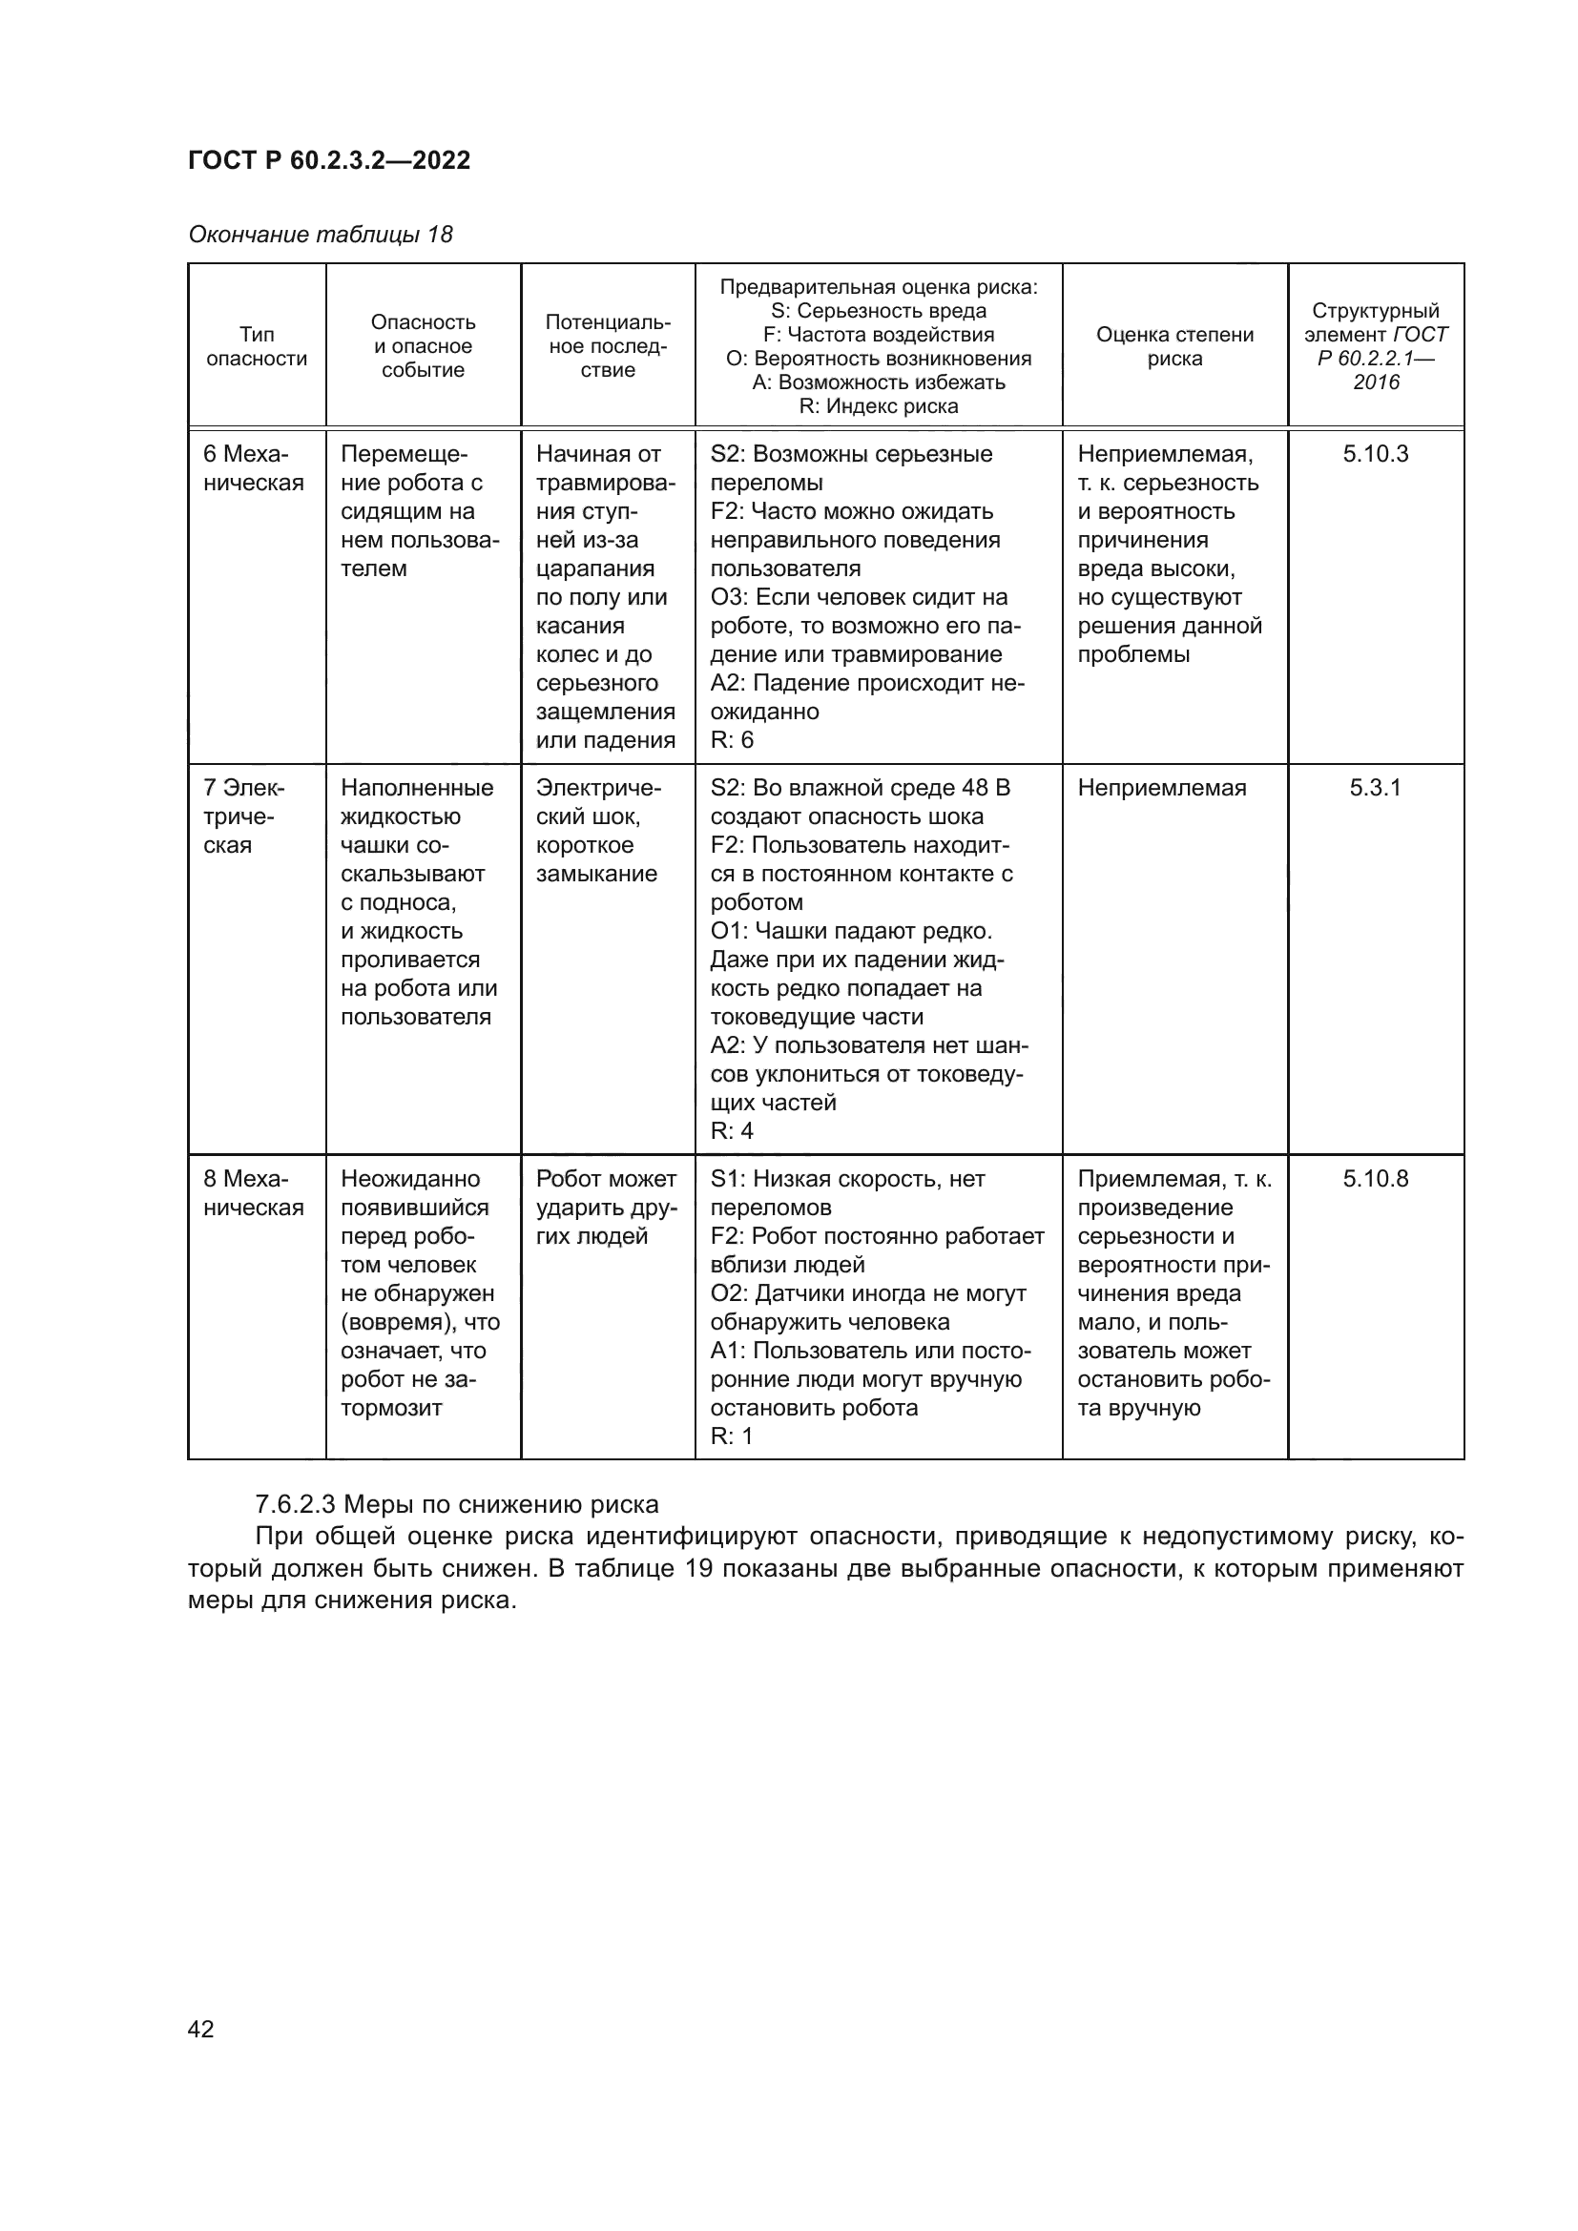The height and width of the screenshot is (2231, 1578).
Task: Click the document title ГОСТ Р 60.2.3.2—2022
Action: point(328,160)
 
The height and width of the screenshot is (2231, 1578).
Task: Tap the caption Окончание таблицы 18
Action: point(320,235)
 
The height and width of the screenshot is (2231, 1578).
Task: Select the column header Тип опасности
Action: point(257,346)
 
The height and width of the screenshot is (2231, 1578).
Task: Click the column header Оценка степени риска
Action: point(1173,346)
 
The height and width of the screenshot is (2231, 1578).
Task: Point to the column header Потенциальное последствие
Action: point(608,346)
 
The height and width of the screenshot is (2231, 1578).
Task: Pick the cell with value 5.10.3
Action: point(1375,454)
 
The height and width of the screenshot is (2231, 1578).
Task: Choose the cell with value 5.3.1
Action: point(1375,787)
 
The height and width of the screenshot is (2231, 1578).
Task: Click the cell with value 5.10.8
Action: point(1375,1179)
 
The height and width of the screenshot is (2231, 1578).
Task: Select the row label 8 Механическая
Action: point(253,1193)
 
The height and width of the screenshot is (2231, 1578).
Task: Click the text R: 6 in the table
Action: point(732,739)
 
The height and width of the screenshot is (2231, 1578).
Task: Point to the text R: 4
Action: point(732,1130)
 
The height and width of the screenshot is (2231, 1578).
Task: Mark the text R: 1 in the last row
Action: point(732,1436)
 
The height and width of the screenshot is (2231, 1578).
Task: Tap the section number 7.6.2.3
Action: point(295,1504)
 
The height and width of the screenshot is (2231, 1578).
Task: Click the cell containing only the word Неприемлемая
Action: point(1161,787)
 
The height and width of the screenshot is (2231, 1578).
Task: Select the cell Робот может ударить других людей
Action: point(607,1208)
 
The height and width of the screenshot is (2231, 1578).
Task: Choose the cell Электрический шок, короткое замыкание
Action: point(597,831)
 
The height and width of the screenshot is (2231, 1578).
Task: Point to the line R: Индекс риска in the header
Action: point(878,406)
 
